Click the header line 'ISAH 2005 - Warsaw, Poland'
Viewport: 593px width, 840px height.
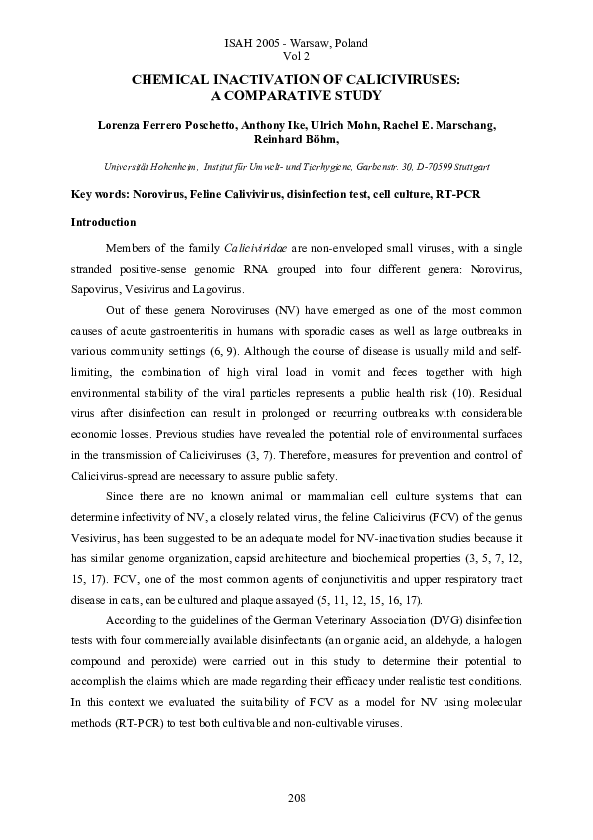click(297, 43)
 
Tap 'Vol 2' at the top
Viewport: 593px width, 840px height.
click(297, 57)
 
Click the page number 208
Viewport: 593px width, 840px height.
click(297, 798)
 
